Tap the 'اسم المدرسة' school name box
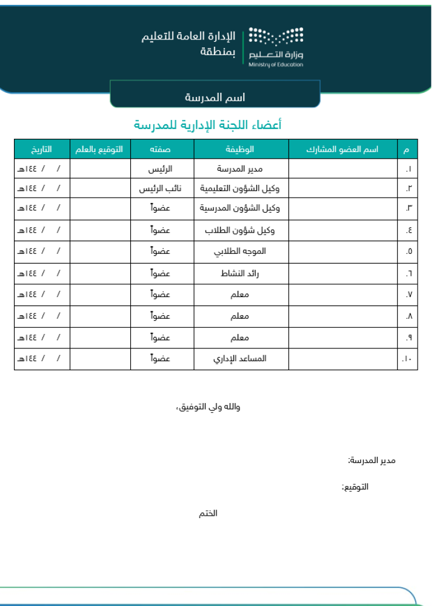click(x=215, y=97)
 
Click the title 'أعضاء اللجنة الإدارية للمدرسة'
click(x=207, y=125)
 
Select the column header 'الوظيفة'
click(x=241, y=148)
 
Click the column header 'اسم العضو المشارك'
click(x=343, y=148)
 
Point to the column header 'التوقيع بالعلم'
click(x=100, y=148)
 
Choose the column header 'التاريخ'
click(x=42, y=148)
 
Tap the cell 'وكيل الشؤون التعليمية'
click(x=241, y=188)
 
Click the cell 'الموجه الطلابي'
click(x=241, y=251)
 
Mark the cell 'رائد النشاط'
click(x=241, y=273)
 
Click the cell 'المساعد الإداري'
click(x=241, y=359)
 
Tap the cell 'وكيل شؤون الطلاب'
click(x=241, y=230)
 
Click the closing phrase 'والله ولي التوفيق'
click(x=208, y=407)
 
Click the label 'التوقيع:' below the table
click(x=355, y=487)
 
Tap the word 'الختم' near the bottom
click(x=208, y=513)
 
